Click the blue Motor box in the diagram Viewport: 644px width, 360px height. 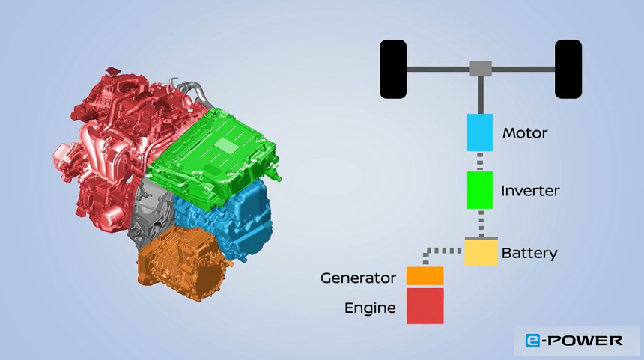coord(480,132)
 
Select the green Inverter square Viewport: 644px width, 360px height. coord(480,190)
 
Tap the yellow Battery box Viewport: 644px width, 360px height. coord(481,252)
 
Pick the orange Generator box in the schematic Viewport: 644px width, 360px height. coord(425,276)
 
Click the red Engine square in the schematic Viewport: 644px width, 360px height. coord(425,306)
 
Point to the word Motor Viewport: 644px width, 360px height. coord(525,133)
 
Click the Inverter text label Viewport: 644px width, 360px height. coord(530,190)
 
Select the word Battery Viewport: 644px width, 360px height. coord(529,253)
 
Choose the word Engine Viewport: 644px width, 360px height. coord(370,308)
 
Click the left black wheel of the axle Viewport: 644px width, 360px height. coord(393,69)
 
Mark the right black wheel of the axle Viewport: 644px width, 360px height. coord(568,69)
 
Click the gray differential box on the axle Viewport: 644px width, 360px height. coord(480,69)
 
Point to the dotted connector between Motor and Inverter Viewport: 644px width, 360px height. coord(480,162)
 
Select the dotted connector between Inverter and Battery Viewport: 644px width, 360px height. coord(481,224)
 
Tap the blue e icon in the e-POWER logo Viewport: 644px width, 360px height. coord(532,341)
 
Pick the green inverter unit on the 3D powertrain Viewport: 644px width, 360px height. coord(213,158)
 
